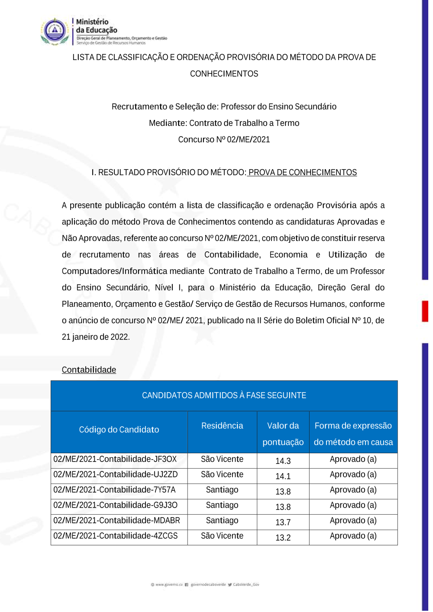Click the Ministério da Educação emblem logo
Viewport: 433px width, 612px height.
pyautogui.click(x=55, y=31)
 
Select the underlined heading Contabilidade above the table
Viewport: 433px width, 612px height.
pyautogui.click(x=89, y=370)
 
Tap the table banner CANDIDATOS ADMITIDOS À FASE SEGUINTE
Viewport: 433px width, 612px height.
pyautogui.click(x=224, y=395)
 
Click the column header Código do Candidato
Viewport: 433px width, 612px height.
pyautogui.click(x=119, y=429)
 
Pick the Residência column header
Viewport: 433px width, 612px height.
pyautogui.click(x=222, y=425)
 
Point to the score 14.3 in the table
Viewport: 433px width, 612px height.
pyautogui.click(x=283, y=461)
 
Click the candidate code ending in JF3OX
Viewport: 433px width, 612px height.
pyautogui.click(x=115, y=459)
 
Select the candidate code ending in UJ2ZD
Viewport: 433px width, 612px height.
pyautogui.click(x=116, y=474)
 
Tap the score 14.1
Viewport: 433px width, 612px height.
pyautogui.click(x=283, y=476)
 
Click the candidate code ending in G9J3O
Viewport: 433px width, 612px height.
pyautogui.click(x=115, y=505)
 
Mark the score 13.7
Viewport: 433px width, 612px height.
pyautogui.click(x=283, y=522)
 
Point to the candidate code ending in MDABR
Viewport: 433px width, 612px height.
pyautogui.click(x=116, y=521)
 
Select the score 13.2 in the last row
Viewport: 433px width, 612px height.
pyautogui.click(x=283, y=538)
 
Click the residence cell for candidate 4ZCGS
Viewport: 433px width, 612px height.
pyautogui.click(x=222, y=536)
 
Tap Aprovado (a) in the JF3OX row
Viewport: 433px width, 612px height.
pyautogui.click(x=353, y=459)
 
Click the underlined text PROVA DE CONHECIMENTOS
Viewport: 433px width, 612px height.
pyautogui.click(x=302, y=172)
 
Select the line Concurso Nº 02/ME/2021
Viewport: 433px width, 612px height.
pyautogui.click(x=224, y=139)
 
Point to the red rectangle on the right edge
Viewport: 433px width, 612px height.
pyautogui.click(x=425, y=311)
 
